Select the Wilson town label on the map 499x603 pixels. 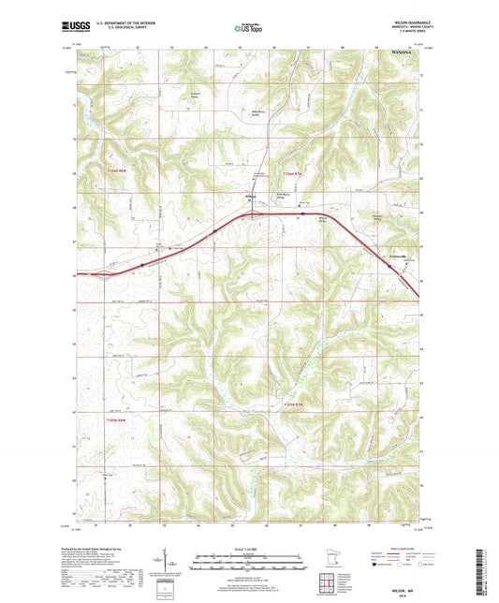click(250, 196)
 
